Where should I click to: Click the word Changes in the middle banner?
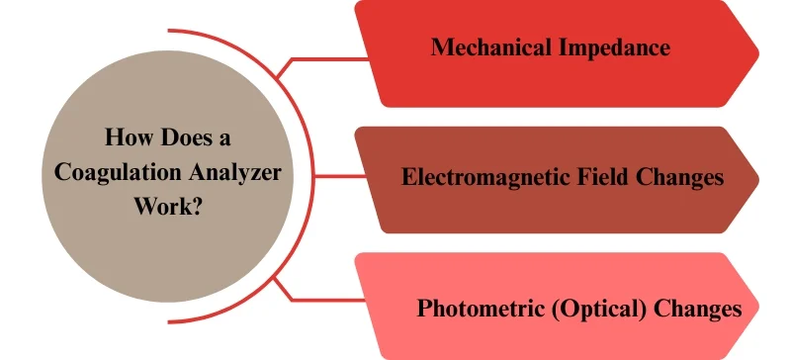tap(678, 178)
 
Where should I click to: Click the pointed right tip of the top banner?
tap(756, 49)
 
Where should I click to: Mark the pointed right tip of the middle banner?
tap(756, 179)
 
